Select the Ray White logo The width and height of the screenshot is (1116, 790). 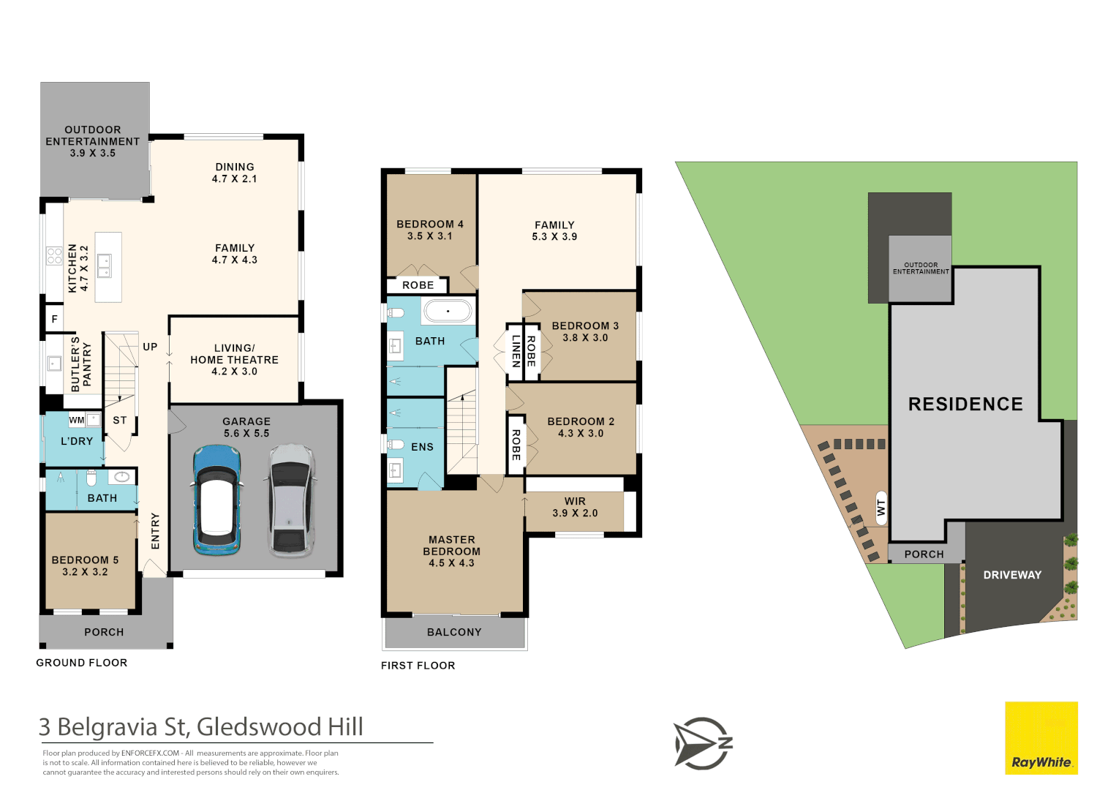click(x=1041, y=737)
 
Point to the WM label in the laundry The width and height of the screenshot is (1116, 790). click(x=76, y=420)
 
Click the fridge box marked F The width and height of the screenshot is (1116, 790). click(x=54, y=319)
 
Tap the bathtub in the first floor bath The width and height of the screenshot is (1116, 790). click(x=448, y=312)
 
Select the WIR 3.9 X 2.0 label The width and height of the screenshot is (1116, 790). click(x=575, y=507)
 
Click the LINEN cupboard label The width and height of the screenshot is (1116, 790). click(x=516, y=351)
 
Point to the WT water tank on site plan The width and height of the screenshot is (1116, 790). click(x=881, y=508)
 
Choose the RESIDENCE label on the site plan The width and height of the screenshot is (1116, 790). click(x=965, y=404)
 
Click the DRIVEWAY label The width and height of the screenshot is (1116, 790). click(x=1012, y=575)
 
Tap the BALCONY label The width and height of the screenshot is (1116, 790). click(x=454, y=632)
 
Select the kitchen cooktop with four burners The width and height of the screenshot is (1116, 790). click(x=54, y=256)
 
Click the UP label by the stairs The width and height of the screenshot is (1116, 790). click(x=150, y=347)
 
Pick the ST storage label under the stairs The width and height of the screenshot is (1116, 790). click(x=120, y=420)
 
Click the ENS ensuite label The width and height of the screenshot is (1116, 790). click(x=422, y=447)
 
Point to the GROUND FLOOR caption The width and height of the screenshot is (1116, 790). click(x=82, y=663)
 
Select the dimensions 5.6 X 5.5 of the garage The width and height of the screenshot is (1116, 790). click(x=246, y=433)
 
